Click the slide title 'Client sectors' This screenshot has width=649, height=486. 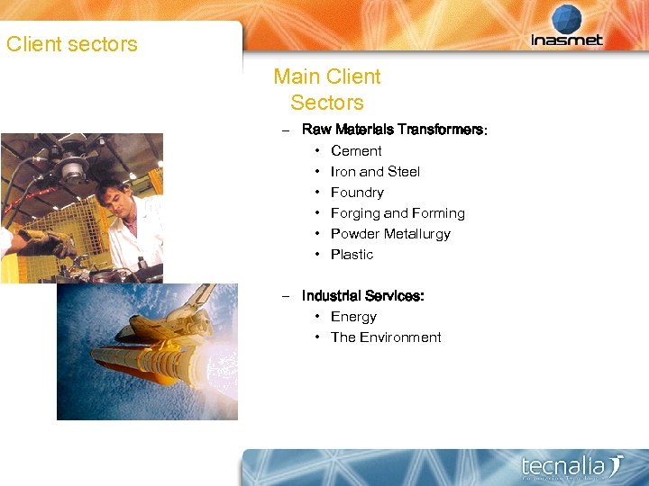[x=72, y=44]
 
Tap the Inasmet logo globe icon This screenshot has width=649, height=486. [x=567, y=19]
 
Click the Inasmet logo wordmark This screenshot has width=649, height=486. [x=567, y=40]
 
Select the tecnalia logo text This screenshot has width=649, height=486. [x=564, y=466]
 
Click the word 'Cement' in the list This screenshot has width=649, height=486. [x=356, y=151]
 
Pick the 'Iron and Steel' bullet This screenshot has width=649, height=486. [x=375, y=172]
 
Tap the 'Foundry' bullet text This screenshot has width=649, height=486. [x=357, y=193]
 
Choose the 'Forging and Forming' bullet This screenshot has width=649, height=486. [x=398, y=213]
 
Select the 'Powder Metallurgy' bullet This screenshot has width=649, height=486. [x=390, y=234]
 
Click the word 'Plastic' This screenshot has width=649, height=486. [x=352, y=255]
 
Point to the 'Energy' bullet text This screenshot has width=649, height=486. [x=353, y=317]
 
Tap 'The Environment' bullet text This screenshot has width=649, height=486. [x=386, y=337]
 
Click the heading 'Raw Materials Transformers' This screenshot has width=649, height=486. [x=392, y=130]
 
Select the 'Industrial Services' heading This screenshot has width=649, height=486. [x=362, y=296]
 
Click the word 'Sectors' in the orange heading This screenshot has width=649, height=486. [x=327, y=103]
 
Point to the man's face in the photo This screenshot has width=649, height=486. [x=112, y=197]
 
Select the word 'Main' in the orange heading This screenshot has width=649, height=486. [x=296, y=77]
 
